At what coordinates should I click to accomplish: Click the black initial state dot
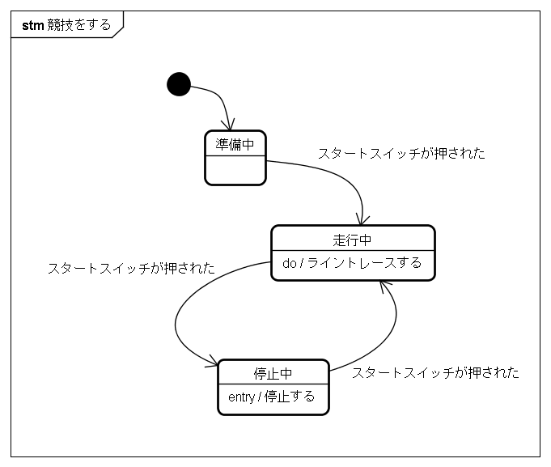click(x=179, y=84)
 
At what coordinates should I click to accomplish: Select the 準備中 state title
click(x=235, y=144)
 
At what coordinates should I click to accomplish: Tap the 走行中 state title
click(x=352, y=240)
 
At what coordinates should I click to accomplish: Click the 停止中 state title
click(x=273, y=374)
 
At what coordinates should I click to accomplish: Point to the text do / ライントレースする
click(x=352, y=263)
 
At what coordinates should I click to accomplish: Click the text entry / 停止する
click(x=271, y=397)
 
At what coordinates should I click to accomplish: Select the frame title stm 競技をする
click(x=66, y=25)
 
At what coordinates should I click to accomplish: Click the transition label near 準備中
click(x=401, y=154)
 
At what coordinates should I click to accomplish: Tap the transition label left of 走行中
click(x=131, y=269)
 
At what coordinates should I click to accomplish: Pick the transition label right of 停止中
click(x=435, y=372)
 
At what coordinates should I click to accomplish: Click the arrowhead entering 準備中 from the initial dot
click(x=229, y=125)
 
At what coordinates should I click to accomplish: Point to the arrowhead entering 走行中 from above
click(x=362, y=219)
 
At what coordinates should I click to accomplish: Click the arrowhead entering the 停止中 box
click(x=212, y=362)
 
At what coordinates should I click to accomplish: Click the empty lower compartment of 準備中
click(x=235, y=170)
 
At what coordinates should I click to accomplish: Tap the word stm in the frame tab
click(x=32, y=26)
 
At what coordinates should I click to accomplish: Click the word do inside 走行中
click(x=289, y=263)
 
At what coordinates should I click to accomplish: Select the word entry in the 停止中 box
click(x=241, y=397)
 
